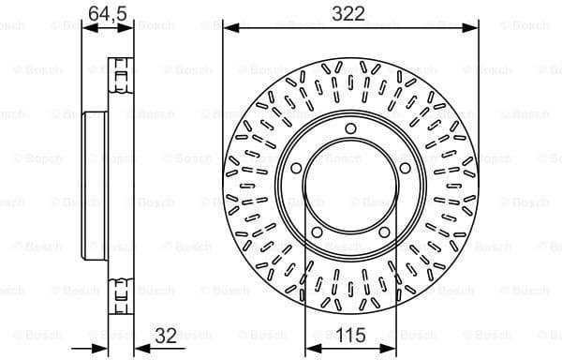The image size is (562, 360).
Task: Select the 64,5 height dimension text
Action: (106, 12)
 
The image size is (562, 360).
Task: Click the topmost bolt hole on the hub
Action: (349, 129)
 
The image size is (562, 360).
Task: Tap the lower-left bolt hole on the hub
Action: (317, 232)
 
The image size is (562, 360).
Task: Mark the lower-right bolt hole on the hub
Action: (382, 232)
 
